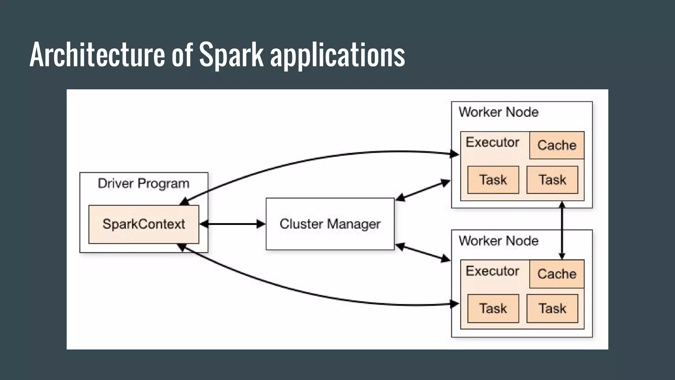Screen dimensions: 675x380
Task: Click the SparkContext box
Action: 144,224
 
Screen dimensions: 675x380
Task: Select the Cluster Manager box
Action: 330,224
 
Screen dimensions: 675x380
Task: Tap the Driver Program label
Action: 144,184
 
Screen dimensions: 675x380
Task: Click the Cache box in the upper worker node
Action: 557,145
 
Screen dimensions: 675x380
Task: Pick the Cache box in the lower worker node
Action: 557,274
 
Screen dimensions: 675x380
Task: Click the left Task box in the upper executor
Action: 493,180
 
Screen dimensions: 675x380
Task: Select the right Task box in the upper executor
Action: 552,180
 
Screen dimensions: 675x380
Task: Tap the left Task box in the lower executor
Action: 493,308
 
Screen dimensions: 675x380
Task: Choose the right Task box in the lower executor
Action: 552,308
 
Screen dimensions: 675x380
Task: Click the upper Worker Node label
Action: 499,112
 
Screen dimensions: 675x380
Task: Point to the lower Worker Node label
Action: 499,241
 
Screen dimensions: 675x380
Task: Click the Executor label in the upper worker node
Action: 492,142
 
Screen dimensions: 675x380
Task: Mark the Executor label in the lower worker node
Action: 492,271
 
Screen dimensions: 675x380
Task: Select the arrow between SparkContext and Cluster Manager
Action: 233,224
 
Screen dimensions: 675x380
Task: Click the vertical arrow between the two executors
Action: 562,231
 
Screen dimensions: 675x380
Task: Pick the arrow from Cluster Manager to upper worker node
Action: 423,190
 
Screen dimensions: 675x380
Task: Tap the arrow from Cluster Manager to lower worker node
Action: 423,253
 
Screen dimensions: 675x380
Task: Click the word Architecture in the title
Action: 97,54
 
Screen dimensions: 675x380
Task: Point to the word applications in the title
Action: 338,56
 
